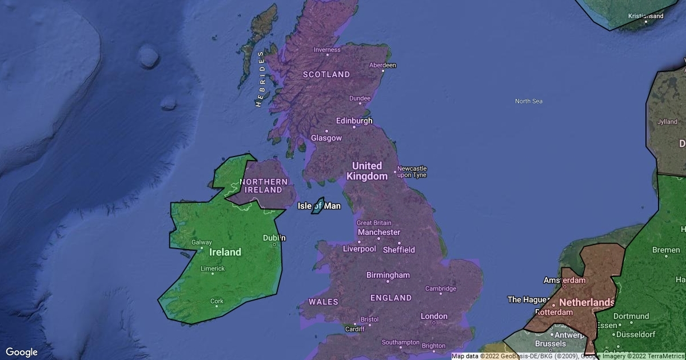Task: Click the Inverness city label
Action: click(327, 50)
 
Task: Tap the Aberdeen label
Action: click(382, 65)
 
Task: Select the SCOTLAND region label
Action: click(326, 74)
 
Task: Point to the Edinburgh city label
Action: click(354, 121)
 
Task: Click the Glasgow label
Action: click(326, 138)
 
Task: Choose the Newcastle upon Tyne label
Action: click(412, 171)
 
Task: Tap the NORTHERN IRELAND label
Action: click(264, 186)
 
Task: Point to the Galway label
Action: click(201, 242)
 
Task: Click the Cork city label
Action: click(217, 301)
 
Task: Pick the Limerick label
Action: click(213, 269)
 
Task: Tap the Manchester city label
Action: click(379, 233)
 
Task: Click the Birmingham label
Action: click(388, 275)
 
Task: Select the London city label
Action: click(434, 316)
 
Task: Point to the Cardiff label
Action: click(355, 329)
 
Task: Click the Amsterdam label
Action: click(565, 281)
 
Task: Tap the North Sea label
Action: click(529, 101)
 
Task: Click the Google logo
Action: click(22, 352)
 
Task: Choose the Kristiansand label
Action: click(646, 16)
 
